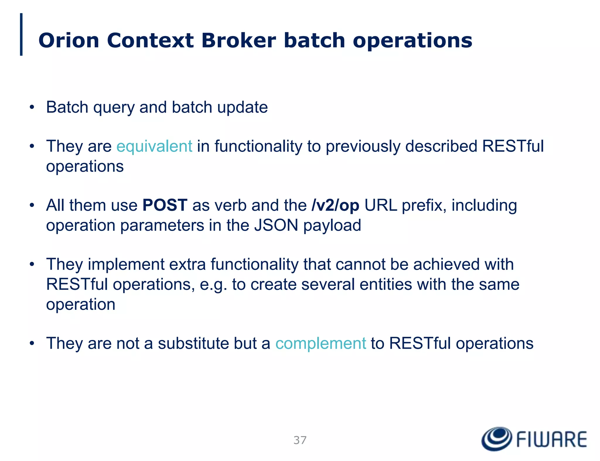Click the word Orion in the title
coord(69,40)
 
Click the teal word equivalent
coord(154,146)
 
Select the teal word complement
coord(321,343)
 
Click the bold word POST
coord(165,205)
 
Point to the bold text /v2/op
coord(335,205)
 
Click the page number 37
coord(300,440)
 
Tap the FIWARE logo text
coord(551,440)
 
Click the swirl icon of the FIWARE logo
coord(497,438)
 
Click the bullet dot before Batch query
coord(32,107)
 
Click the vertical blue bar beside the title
coord(21,34)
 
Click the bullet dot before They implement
coord(32,264)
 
